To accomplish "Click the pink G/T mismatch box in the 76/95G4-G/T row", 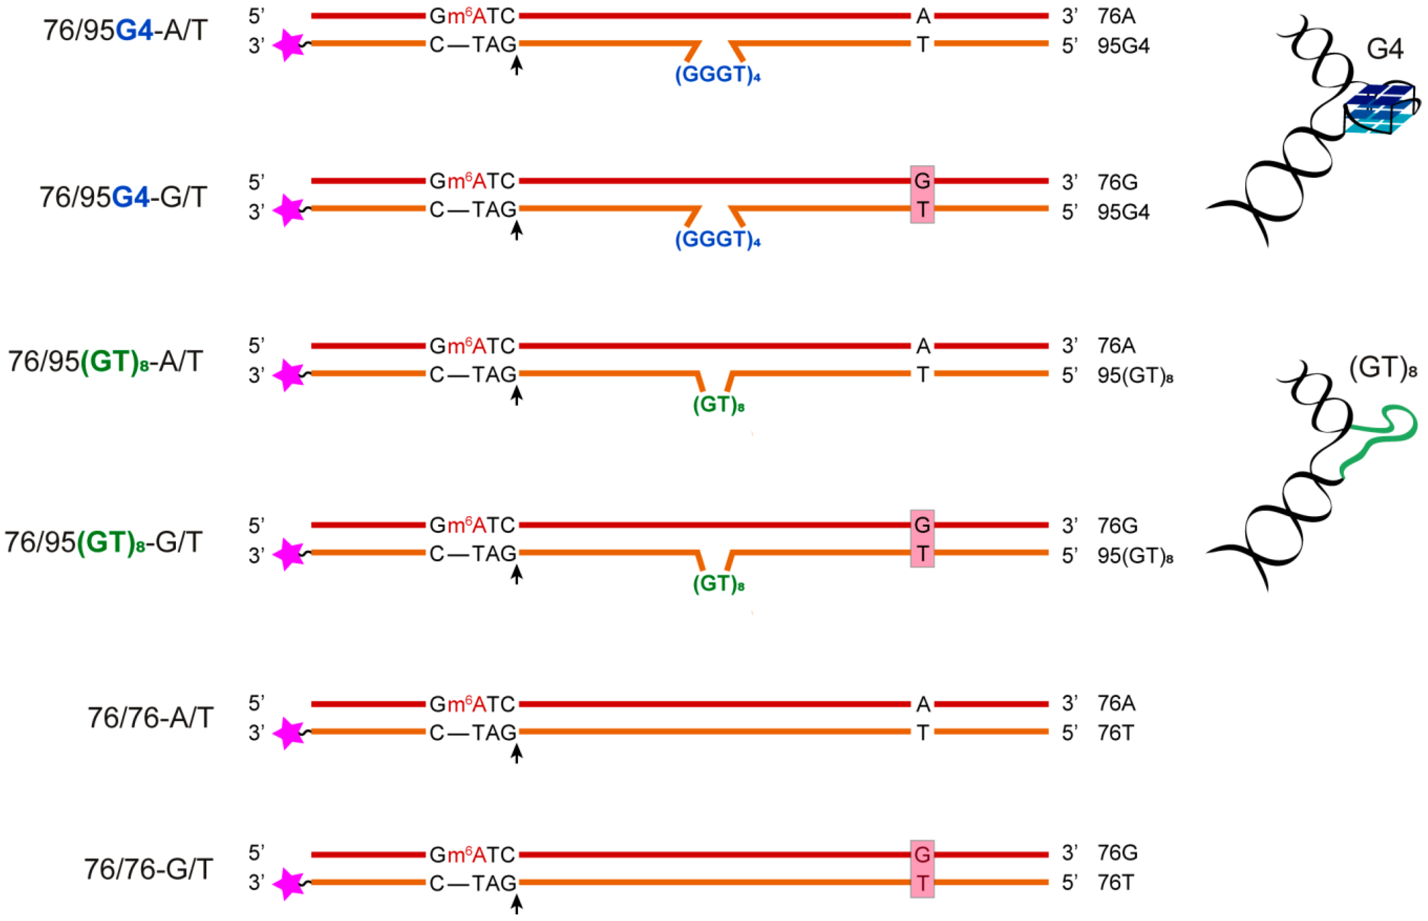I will tap(922, 195).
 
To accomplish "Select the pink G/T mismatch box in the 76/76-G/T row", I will tap(922, 869).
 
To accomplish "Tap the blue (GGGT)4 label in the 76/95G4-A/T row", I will tap(717, 75).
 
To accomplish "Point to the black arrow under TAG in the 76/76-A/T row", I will tap(516, 753).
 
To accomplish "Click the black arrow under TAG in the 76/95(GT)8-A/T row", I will tap(516, 395).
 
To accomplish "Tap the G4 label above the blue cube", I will tap(1385, 48).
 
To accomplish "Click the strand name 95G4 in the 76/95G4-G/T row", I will tap(1123, 212).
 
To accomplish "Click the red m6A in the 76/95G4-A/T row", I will tap(466, 16).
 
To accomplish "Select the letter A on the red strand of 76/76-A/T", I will tap(923, 704).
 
